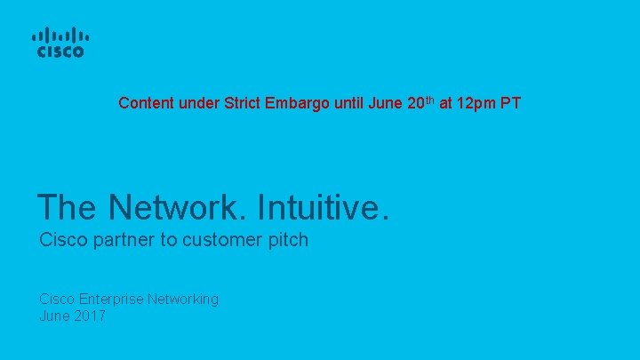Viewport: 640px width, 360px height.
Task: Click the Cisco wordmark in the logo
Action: [x=60, y=52]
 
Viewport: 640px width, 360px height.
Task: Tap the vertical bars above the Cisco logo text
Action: [x=60, y=36]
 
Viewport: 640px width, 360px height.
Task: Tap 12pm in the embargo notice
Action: [x=475, y=104]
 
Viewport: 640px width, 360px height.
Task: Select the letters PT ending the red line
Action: [x=510, y=103]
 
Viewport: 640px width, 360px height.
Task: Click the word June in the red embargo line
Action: [x=386, y=103]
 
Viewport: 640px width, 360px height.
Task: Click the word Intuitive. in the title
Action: [x=323, y=207]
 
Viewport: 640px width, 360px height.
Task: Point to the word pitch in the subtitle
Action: [x=286, y=240]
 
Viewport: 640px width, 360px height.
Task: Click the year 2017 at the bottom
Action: [x=89, y=316]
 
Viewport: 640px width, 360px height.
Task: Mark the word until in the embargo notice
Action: [x=349, y=103]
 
